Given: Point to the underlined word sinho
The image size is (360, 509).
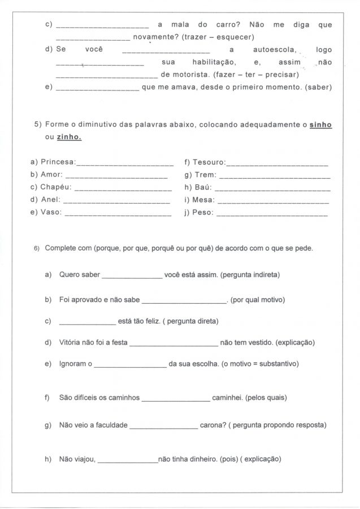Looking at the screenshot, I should (320, 124).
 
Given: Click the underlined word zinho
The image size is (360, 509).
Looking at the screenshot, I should (68, 137).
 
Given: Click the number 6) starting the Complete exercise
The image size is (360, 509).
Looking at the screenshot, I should (37, 249).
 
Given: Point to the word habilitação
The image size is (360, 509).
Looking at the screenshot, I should (212, 62).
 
